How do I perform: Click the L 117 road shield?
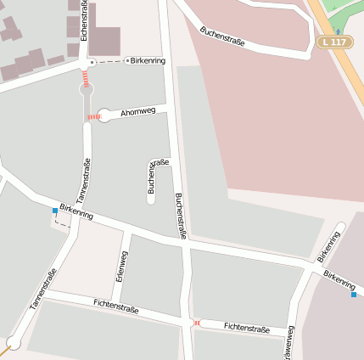pos(335,42)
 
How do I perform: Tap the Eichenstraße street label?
pos(85,22)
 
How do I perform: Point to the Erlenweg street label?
pos(120,265)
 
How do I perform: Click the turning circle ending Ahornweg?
pos(104,115)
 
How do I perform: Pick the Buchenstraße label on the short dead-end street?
pos(158,176)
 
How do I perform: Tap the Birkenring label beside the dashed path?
pos(148,61)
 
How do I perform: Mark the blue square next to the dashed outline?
pos(55,211)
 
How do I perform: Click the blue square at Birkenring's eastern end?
pos(354,295)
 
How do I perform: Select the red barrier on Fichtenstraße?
pos(196,323)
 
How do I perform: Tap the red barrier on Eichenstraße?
pos(86,77)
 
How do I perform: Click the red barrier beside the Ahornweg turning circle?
pos(92,116)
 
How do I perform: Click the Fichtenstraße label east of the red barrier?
pos(247,327)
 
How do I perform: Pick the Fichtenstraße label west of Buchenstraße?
pos(116,305)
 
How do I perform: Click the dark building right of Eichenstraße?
pos(104,41)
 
